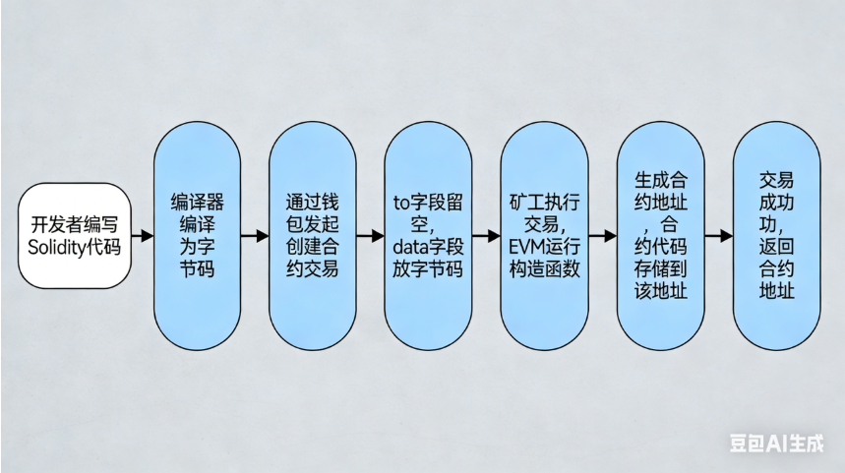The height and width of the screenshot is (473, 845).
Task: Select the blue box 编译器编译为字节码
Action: (197, 236)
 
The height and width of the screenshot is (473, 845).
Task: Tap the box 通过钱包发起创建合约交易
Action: (313, 236)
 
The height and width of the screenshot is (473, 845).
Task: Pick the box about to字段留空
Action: (428, 236)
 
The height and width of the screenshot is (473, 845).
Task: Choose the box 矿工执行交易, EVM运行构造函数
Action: (544, 236)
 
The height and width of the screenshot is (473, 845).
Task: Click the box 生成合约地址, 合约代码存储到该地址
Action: (660, 236)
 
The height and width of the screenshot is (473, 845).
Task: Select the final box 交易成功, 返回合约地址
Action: (776, 236)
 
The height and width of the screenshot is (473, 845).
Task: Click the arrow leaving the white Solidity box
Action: (143, 236)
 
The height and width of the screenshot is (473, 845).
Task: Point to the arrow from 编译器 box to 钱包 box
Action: (255, 236)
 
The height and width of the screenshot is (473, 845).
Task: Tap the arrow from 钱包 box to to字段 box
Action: (370, 236)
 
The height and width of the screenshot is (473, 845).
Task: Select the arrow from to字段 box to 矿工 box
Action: (486, 236)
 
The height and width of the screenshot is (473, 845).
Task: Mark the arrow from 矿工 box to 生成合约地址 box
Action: (602, 236)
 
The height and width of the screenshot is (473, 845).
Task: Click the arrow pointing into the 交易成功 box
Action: (718, 236)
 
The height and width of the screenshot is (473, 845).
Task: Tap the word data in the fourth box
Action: (409, 246)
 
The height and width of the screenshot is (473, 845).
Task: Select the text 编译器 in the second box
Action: (197, 202)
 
